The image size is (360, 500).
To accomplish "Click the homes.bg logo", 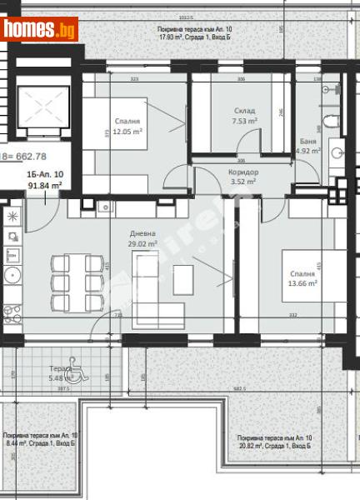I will pyautogui.click(x=40, y=30).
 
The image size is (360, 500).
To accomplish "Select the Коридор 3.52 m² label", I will pyautogui.click(x=244, y=176).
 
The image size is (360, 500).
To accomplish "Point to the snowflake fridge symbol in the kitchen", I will pyautogui.click(x=12, y=216).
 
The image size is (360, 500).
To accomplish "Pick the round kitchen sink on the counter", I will pyautogui.click(x=12, y=275).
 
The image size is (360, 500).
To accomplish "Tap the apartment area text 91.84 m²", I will pyautogui.click(x=44, y=187).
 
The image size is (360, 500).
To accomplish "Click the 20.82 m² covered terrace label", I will pyautogui.click(x=274, y=442).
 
